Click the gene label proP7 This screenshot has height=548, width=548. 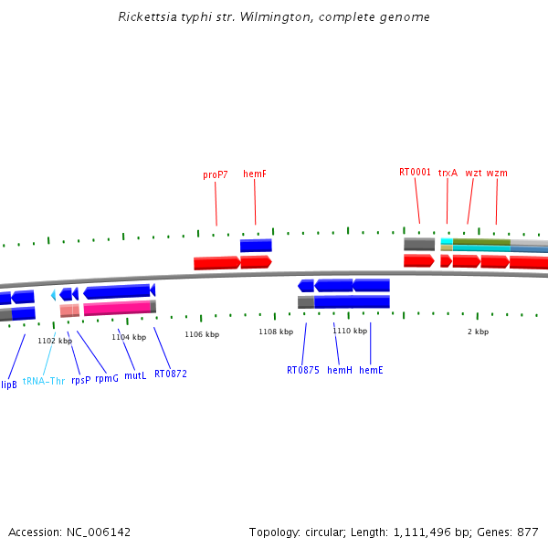(x=216, y=174)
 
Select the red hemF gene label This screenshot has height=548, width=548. (x=255, y=174)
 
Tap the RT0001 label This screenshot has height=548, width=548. (x=415, y=172)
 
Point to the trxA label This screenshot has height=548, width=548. (x=448, y=172)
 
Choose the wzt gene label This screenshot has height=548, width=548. (x=473, y=172)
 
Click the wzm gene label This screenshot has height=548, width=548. (x=497, y=172)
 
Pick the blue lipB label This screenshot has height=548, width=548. (x=8, y=385)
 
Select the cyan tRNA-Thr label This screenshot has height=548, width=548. (x=44, y=381)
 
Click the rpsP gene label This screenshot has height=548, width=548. (x=81, y=379)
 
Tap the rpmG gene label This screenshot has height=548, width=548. (x=107, y=377)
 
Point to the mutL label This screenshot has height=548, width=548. (x=135, y=375)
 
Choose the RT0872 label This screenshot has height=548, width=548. (x=171, y=374)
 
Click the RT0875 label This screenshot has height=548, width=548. (x=303, y=370)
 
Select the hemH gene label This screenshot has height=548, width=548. (x=339, y=370)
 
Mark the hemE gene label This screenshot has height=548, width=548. (x=371, y=370)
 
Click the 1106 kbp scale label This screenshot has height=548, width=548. (x=202, y=334)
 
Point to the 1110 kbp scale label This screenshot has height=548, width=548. (x=350, y=331)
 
